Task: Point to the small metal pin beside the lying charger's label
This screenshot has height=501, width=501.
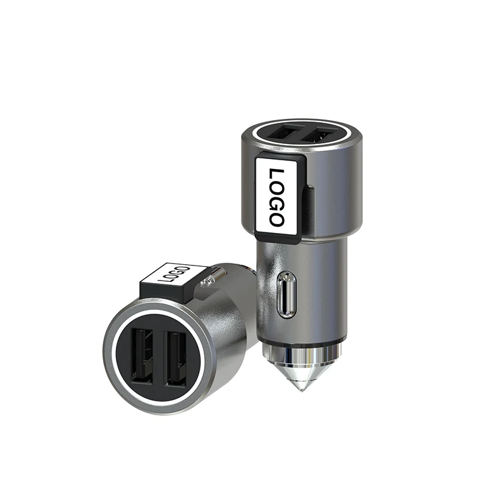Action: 216,272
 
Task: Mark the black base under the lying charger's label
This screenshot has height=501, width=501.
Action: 166,292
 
